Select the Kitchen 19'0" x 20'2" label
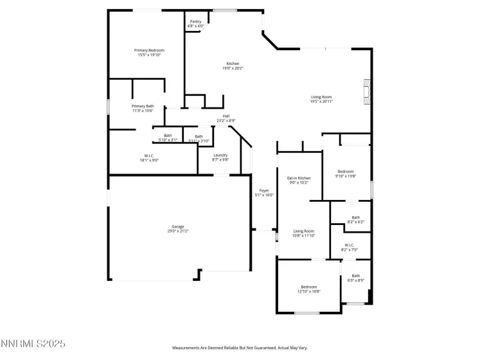(233, 66)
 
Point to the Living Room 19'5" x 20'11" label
(321, 99)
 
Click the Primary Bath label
(143, 108)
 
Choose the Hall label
(226, 118)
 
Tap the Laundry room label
(221, 157)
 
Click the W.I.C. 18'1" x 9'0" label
(148, 157)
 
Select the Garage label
(178, 228)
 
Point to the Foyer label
(263, 193)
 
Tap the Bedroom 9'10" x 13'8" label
(346, 174)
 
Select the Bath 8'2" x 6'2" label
(355, 219)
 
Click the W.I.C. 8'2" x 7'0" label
(349, 247)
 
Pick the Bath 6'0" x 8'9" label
(355, 278)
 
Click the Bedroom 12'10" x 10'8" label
(309, 289)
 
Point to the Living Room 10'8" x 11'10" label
(304, 233)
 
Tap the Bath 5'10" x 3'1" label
(168, 137)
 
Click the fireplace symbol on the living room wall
(367, 92)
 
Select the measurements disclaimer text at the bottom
(239, 347)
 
